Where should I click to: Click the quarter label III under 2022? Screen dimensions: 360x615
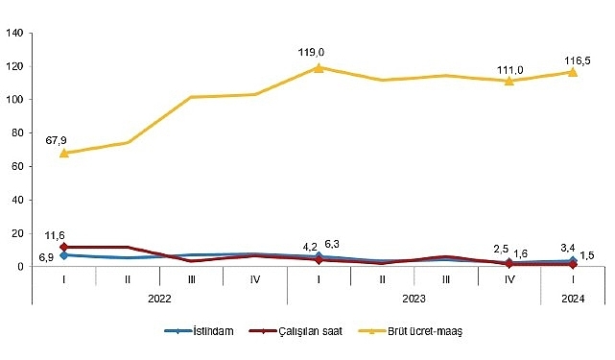(x=191, y=278)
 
